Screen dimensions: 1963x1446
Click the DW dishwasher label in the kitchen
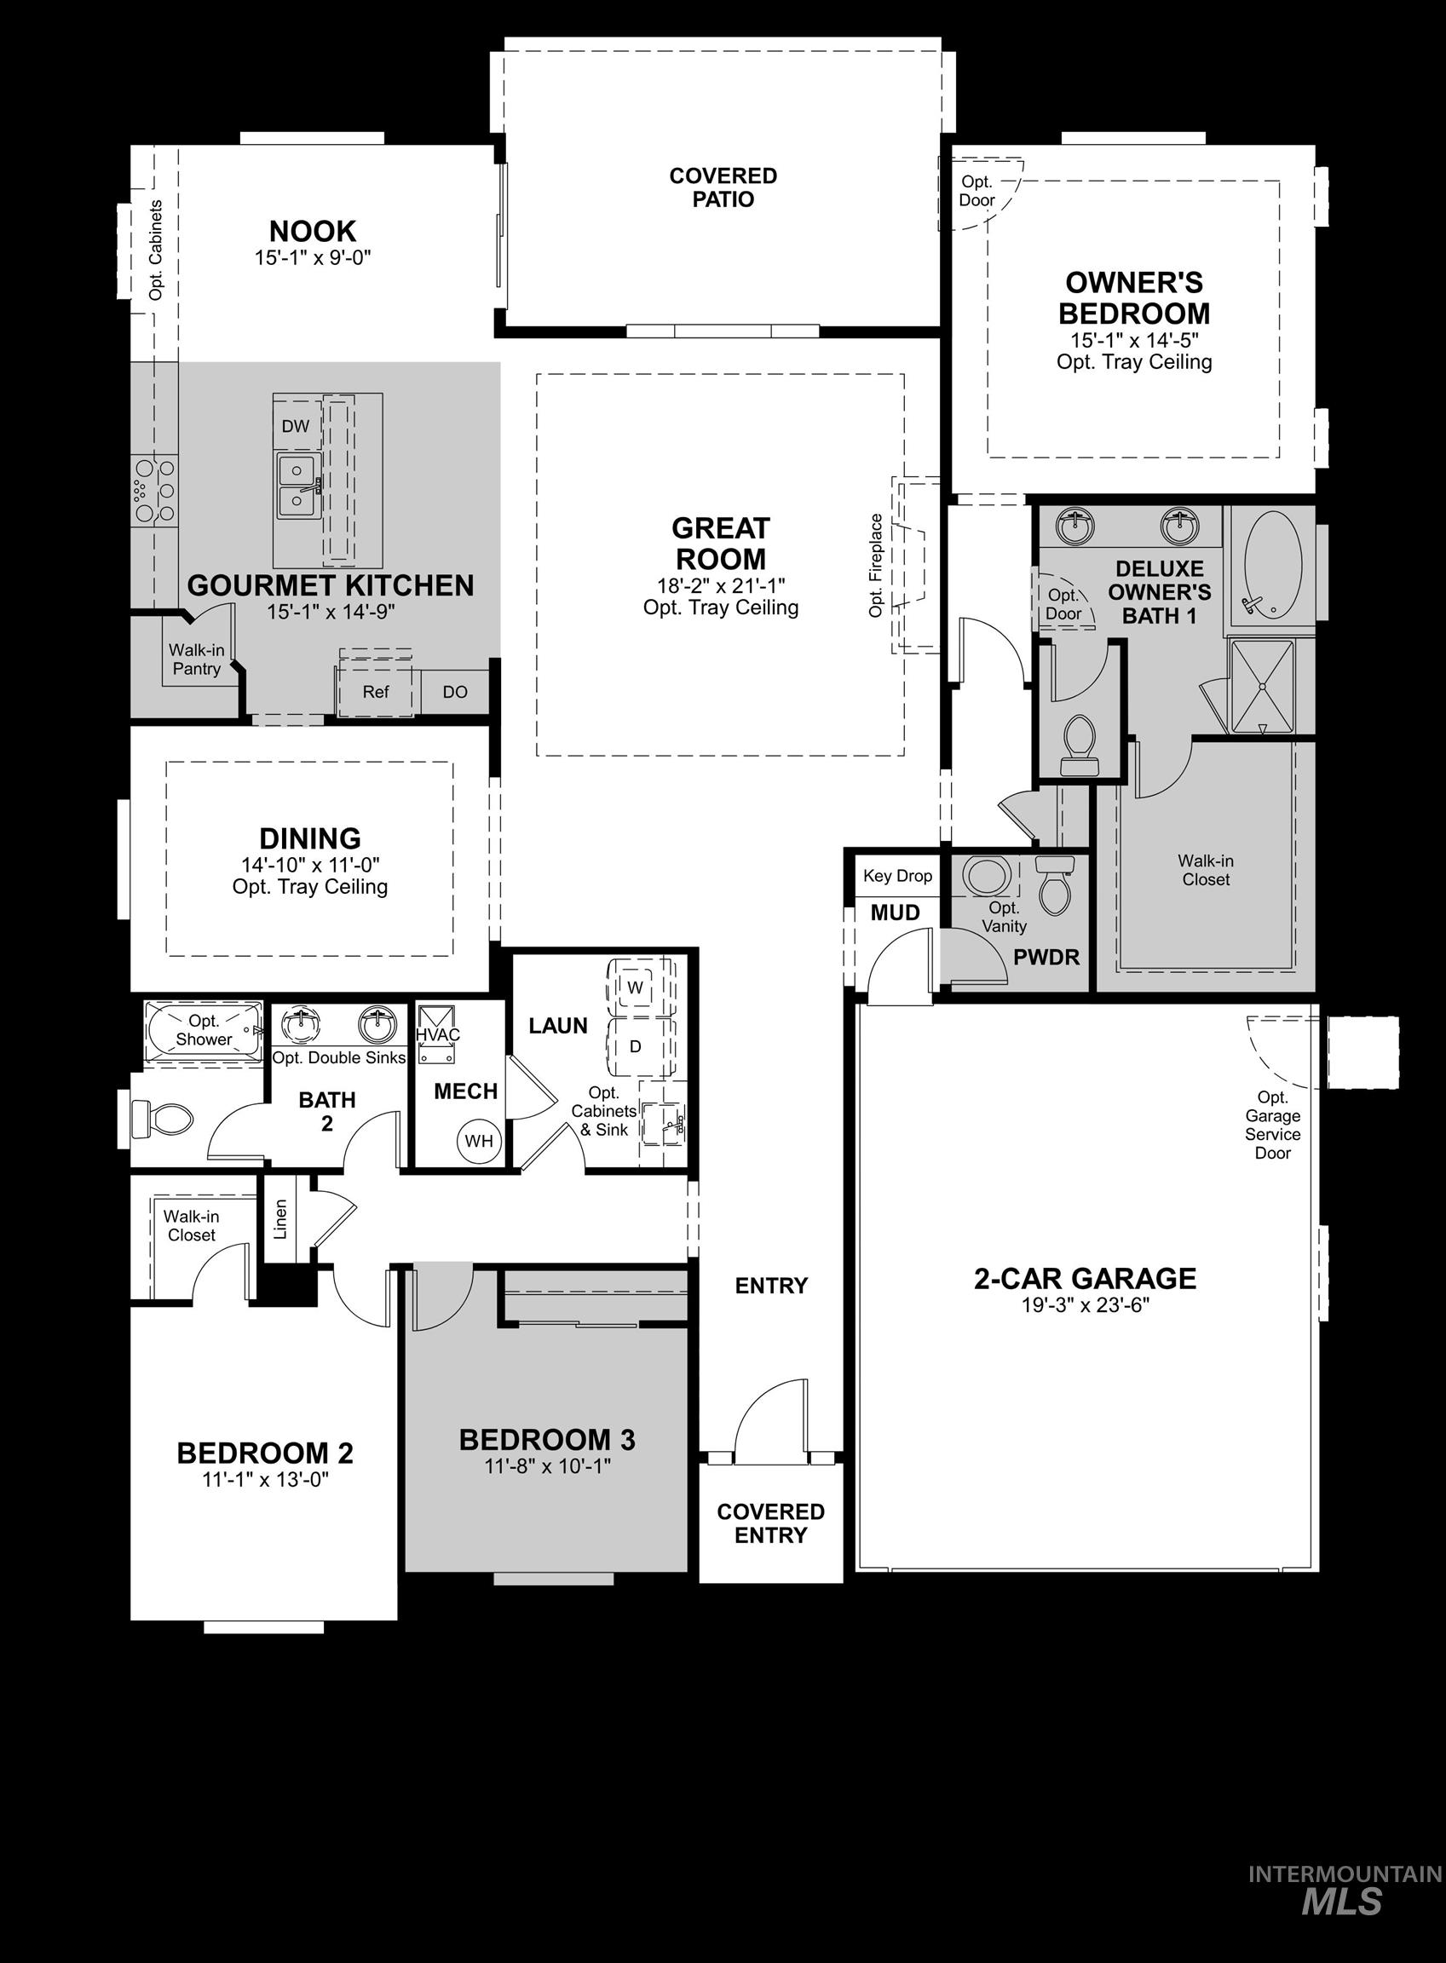pyautogui.click(x=296, y=426)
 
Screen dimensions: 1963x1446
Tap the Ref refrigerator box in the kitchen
pyautogui.click(x=376, y=691)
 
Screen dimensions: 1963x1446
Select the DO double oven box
pyautogui.click(x=454, y=691)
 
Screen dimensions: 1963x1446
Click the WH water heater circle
pyautogui.click(x=479, y=1140)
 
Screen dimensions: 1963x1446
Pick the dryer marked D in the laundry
pyautogui.click(x=636, y=1045)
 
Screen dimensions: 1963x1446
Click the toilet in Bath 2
pyautogui.click(x=163, y=1120)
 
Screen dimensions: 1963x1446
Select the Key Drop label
pyautogui.click(x=897, y=876)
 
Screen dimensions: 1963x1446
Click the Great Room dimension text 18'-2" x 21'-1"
pyautogui.click(x=720, y=585)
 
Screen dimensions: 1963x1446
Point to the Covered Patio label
pyautogui.click(x=723, y=187)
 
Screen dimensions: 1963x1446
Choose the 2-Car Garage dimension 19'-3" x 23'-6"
pyautogui.click(x=1085, y=1306)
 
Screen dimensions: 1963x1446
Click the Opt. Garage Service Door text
pyautogui.click(x=1272, y=1125)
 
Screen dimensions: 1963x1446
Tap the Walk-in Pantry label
pyautogui.click(x=196, y=659)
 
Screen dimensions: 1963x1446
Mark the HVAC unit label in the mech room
pyautogui.click(x=438, y=1034)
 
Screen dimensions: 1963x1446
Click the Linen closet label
pyautogui.click(x=280, y=1219)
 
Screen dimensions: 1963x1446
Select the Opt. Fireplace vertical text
pyautogui.click(x=876, y=566)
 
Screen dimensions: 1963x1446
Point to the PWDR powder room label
pyautogui.click(x=1046, y=958)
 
